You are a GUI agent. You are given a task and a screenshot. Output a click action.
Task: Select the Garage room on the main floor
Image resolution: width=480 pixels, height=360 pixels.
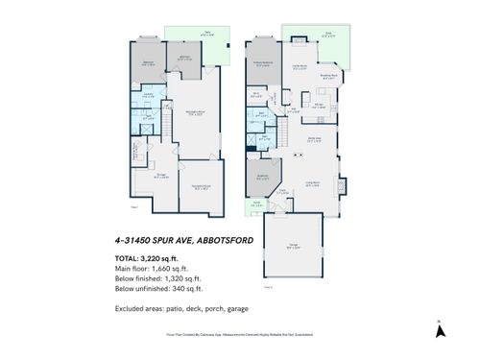[292, 249]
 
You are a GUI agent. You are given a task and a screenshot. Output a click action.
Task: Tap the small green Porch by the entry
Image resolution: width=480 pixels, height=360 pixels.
[256, 204]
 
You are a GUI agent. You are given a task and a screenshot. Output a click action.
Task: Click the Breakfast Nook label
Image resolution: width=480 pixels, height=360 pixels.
[327, 78]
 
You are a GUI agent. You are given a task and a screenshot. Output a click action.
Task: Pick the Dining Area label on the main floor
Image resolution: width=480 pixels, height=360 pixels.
[314, 140]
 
